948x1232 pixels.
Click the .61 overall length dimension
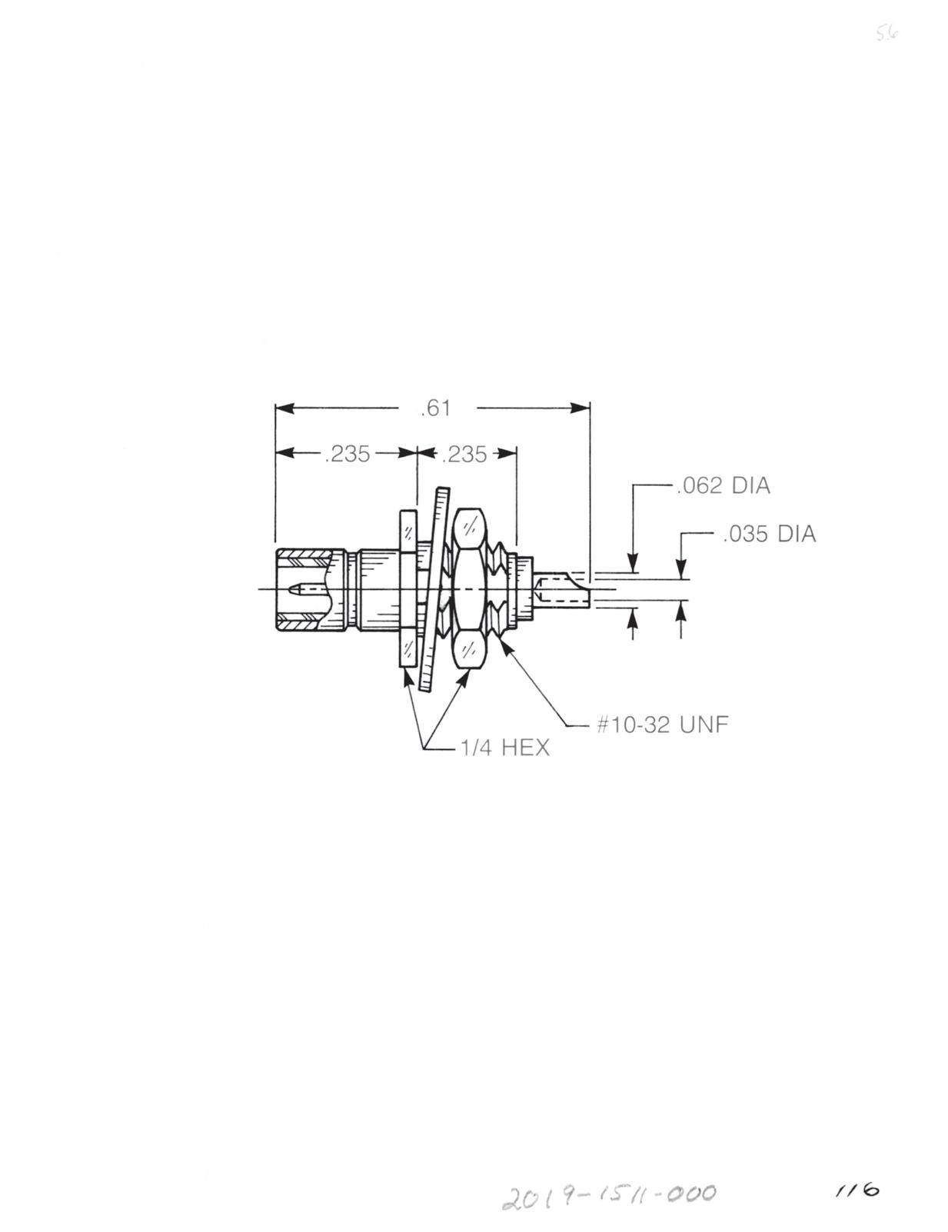point(434,408)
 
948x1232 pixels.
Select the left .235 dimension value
point(347,455)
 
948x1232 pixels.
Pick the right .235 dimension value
point(464,455)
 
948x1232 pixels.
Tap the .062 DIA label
point(723,486)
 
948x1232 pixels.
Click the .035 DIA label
point(769,534)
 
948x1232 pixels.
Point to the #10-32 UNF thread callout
point(662,724)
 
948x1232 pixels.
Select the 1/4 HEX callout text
point(503,748)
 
